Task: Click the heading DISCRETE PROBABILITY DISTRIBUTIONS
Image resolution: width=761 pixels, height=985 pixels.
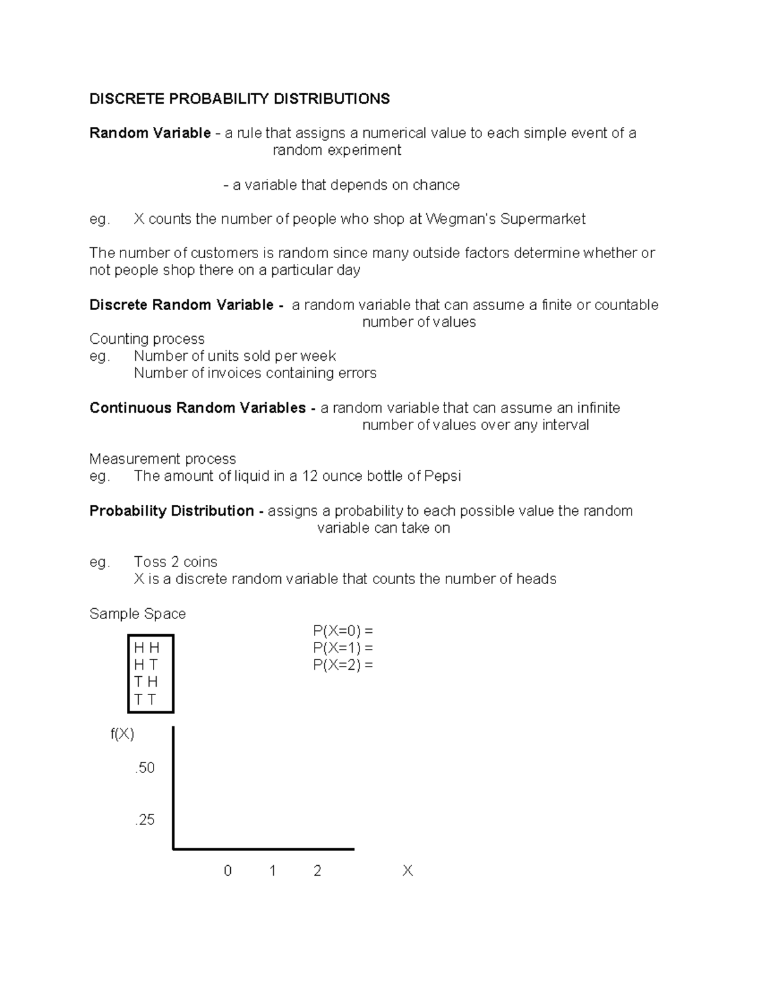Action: click(239, 99)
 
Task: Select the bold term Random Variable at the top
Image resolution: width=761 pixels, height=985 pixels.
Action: click(150, 133)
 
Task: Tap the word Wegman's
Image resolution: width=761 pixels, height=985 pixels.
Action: click(460, 219)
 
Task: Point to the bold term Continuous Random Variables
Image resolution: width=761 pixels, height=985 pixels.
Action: click(197, 408)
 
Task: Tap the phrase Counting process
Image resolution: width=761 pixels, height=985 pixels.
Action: click(146, 339)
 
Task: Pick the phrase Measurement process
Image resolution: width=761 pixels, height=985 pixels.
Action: click(162, 459)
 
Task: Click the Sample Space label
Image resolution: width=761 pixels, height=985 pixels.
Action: click(138, 614)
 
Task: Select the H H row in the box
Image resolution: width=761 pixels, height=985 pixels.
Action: click(146, 648)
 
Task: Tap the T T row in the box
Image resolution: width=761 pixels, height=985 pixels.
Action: click(145, 700)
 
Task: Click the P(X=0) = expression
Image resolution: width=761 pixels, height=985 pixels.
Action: click(342, 631)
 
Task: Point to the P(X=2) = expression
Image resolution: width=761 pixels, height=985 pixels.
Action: click(342, 665)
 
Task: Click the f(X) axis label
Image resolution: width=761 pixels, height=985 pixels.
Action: click(122, 734)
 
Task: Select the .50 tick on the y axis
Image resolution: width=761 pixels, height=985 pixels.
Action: click(145, 768)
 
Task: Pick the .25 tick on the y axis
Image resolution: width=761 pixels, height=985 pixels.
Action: click(145, 820)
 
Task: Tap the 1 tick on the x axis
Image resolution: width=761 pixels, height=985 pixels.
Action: click(273, 871)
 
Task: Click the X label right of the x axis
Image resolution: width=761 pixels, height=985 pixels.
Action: click(407, 871)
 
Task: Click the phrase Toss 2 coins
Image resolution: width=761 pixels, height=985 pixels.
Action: click(175, 563)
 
